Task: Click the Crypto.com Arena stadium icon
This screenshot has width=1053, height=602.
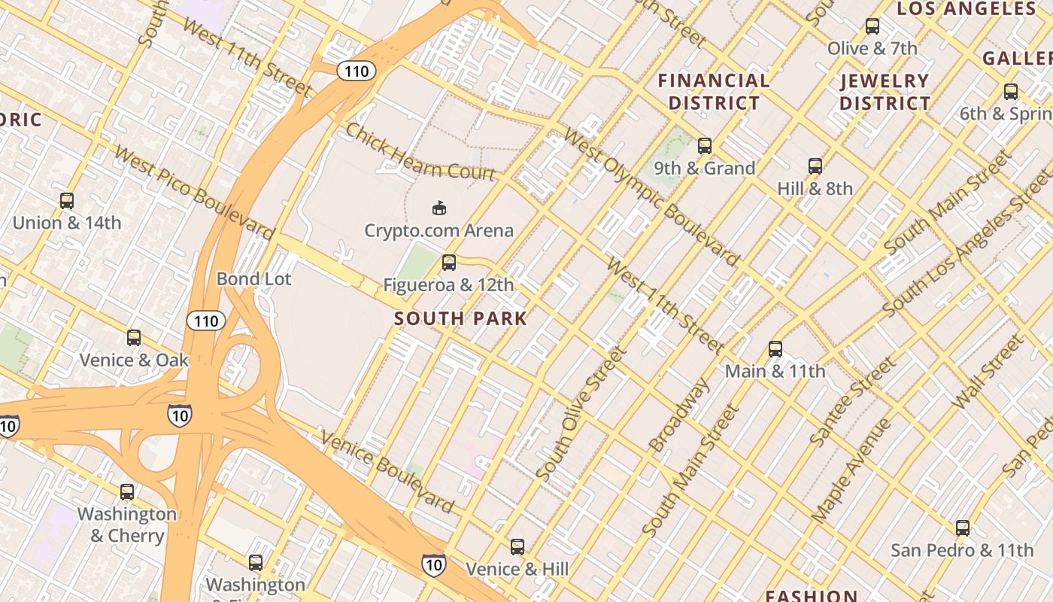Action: pyautogui.click(x=439, y=208)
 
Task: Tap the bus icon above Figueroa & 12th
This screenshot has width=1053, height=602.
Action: pyautogui.click(x=449, y=263)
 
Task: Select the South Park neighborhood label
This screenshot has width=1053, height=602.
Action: pyautogui.click(x=460, y=318)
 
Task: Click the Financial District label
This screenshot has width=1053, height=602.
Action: pyautogui.click(x=714, y=92)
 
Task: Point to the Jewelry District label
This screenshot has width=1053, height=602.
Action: pyautogui.click(x=885, y=92)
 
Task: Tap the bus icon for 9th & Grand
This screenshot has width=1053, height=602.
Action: pyautogui.click(x=705, y=146)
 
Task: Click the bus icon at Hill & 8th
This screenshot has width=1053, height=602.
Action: pyautogui.click(x=815, y=166)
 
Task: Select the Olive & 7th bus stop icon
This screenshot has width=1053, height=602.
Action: pyautogui.click(x=872, y=26)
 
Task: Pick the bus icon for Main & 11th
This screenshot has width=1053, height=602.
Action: pyautogui.click(x=775, y=349)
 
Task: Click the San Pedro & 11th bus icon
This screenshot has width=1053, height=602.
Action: pyautogui.click(x=963, y=528)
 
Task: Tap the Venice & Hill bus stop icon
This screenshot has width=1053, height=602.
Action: pyautogui.click(x=517, y=547)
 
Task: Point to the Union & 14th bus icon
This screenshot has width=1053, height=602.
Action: pyautogui.click(x=67, y=201)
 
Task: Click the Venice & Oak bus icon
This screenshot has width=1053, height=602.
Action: pyautogui.click(x=134, y=338)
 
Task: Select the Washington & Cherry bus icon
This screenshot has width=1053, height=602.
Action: pyautogui.click(x=127, y=492)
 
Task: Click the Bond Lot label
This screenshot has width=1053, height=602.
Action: pyautogui.click(x=253, y=279)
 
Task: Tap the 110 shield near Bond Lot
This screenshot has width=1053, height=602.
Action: pyautogui.click(x=205, y=321)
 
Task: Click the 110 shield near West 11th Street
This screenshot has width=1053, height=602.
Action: pyautogui.click(x=355, y=71)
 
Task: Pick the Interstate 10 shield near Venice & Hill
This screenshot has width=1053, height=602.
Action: pyautogui.click(x=433, y=564)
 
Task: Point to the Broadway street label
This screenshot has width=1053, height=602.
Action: pyautogui.click(x=679, y=415)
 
